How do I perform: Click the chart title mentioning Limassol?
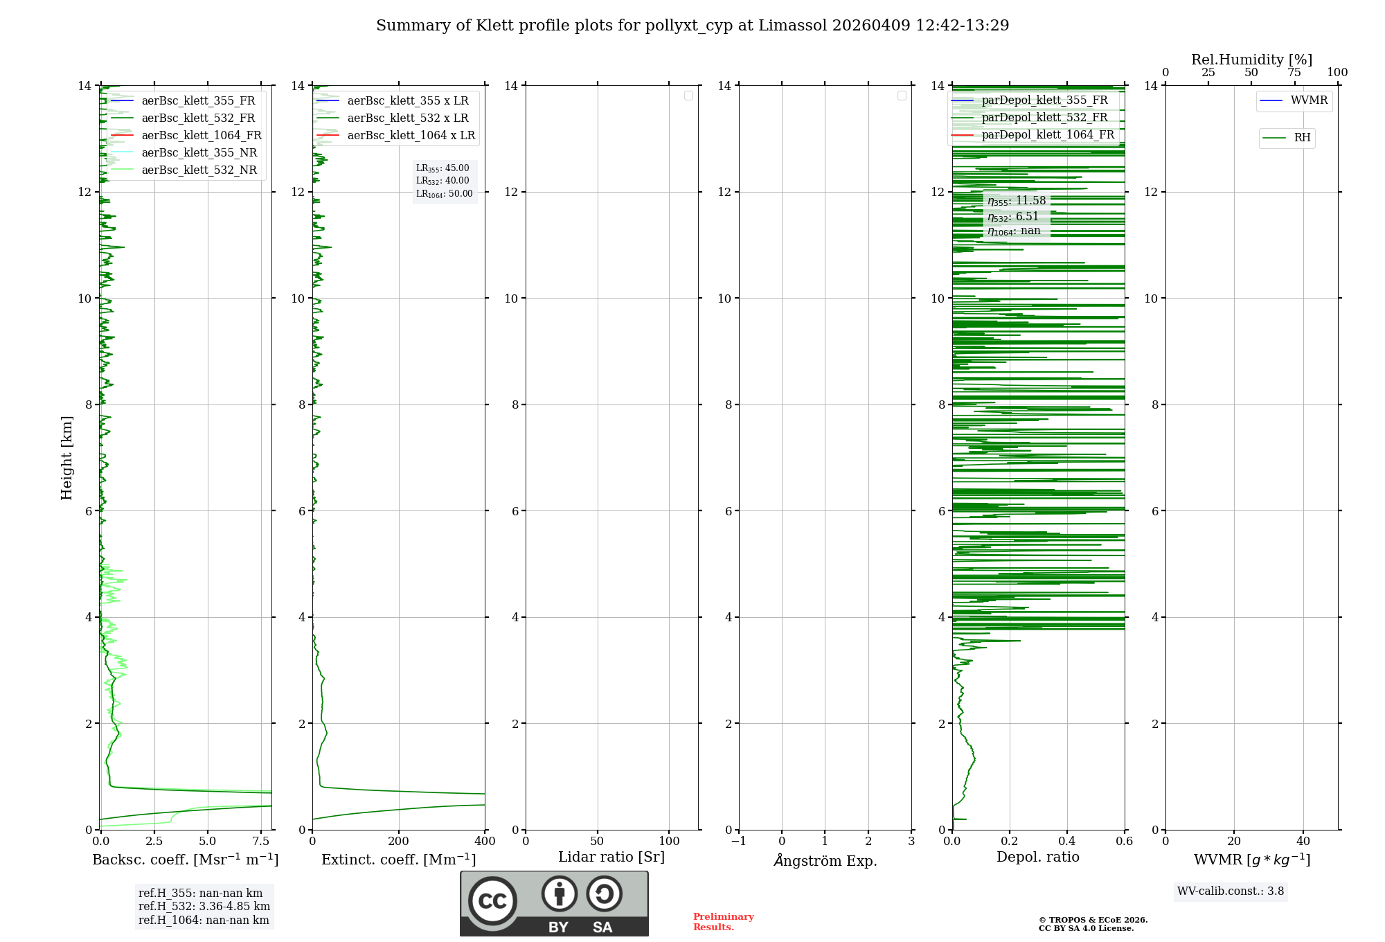tap(692, 26)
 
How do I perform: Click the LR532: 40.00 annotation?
tap(443, 181)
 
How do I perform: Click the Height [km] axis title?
tap(66, 457)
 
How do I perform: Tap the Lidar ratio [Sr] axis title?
tap(611, 857)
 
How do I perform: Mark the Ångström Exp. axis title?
tap(825, 860)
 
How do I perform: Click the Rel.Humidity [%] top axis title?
tap(1251, 60)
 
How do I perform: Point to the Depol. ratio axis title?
tap(1037, 857)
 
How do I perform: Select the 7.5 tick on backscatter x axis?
tap(261, 841)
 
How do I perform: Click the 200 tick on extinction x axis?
tap(399, 841)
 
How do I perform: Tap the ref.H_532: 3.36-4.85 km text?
tap(204, 906)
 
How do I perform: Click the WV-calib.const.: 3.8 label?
tap(1231, 891)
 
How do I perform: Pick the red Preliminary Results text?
tap(723, 921)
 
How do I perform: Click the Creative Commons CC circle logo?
tap(492, 901)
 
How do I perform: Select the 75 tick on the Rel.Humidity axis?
tap(1294, 72)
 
